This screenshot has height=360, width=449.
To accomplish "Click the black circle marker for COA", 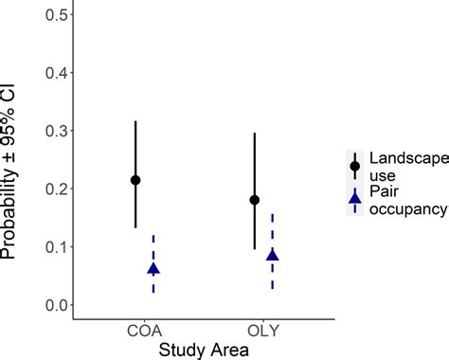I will coord(135,180).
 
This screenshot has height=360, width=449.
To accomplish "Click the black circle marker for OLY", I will coord(254,200).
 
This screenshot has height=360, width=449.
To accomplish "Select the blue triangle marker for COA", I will coord(153,269).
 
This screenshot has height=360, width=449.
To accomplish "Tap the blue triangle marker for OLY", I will coord(273,255).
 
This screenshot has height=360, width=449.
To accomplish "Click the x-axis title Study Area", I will coord(204,350).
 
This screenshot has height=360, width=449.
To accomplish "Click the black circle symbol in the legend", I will coord(354,166).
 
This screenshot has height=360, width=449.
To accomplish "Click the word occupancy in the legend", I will coord(407,207).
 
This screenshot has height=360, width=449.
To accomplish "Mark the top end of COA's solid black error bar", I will coord(135,121).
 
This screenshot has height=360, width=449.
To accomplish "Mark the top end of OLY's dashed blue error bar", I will coord(273,214).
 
